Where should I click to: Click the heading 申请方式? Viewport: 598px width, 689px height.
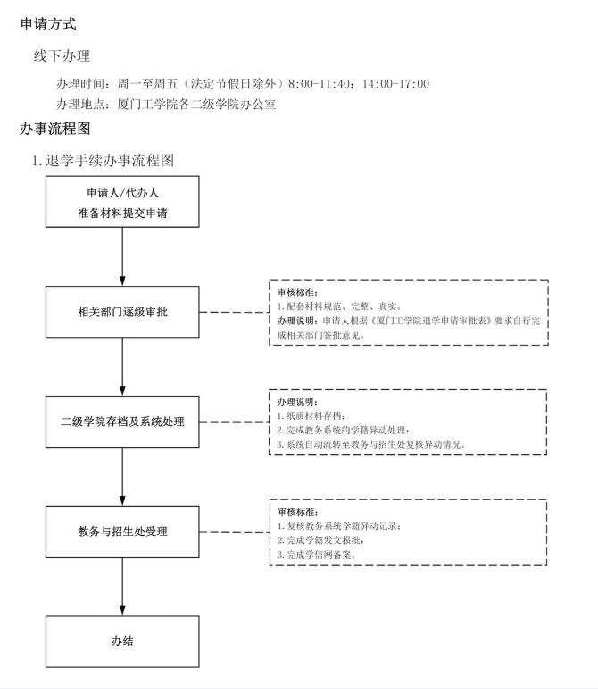click(x=48, y=24)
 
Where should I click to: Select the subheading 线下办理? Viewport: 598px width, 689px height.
click(x=62, y=55)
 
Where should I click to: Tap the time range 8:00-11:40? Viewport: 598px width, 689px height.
click(x=319, y=83)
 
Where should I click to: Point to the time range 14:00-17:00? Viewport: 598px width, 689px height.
click(x=395, y=83)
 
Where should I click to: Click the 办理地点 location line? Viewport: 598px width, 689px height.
click(x=166, y=105)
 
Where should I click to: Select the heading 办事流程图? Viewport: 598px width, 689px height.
click(x=54, y=129)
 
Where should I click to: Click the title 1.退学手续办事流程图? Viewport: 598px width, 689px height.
click(x=104, y=160)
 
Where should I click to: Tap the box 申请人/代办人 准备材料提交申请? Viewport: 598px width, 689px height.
click(x=122, y=202)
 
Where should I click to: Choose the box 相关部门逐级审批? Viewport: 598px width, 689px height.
click(x=122, y=312)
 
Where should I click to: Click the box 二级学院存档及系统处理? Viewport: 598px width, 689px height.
click(x=122, y=422)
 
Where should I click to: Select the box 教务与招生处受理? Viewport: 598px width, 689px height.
click(x=122, y=532)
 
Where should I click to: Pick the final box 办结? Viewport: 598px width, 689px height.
click(x=122, y=641)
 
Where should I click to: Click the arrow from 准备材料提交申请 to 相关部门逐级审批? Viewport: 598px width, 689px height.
click(x=122, y=257)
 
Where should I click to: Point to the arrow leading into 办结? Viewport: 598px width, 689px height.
click(x=122, y=586)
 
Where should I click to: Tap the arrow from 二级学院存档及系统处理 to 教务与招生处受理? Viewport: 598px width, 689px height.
click(x=122, y=477)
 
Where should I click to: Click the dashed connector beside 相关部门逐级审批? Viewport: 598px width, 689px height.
click(x=234, y=312)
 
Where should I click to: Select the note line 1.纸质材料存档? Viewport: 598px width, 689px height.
click(x=311, y=416)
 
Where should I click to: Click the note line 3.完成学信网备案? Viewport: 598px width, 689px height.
click(x=316, y=555)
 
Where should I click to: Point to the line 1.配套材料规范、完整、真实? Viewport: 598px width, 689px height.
click(x=339, y=307)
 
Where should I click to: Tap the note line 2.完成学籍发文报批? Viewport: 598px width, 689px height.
click(x=320, y=540)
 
